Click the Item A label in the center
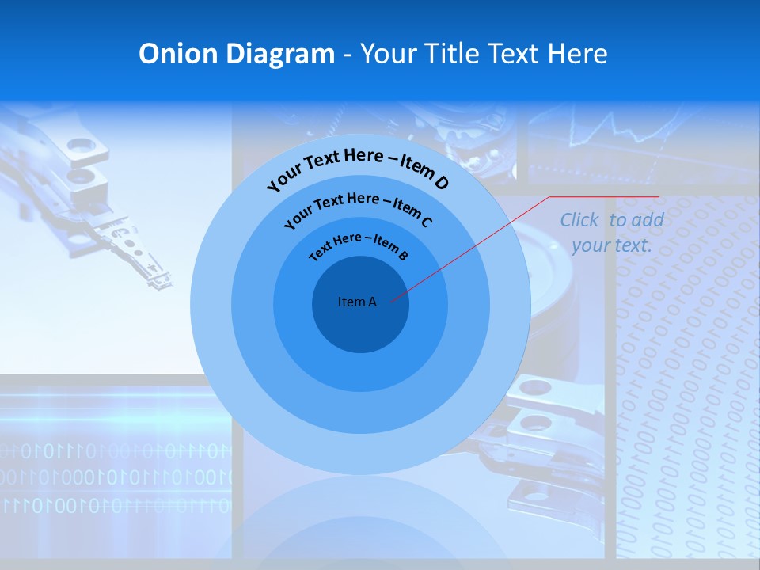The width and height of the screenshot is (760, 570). click(x=357, y=302)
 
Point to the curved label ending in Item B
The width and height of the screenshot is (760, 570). click(x=359, y=244)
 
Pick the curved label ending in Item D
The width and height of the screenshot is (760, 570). click(x=357, y=167)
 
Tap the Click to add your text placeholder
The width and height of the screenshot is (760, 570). click(x=612, y=233)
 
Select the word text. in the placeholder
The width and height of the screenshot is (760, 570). click(x=634, y=245)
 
